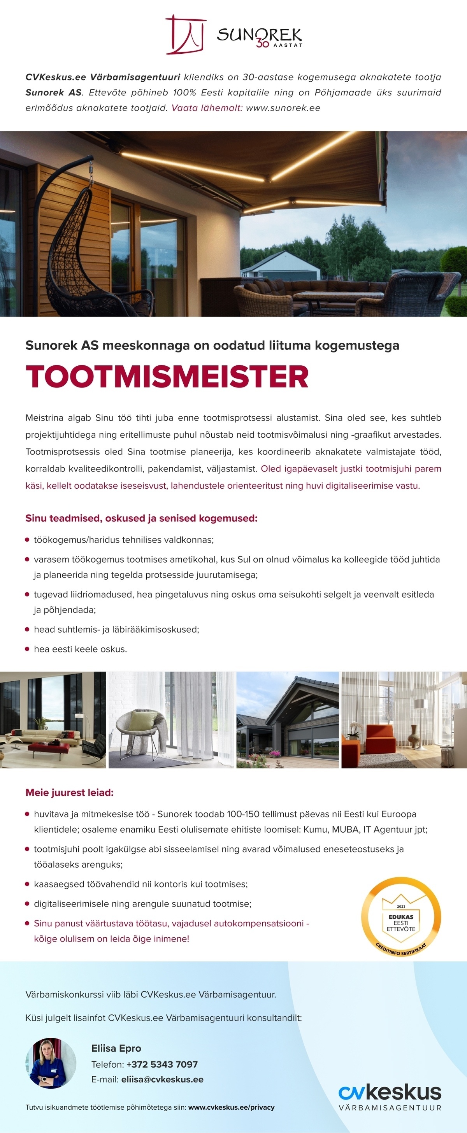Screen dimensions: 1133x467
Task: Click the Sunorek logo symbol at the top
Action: [x=186, y=35]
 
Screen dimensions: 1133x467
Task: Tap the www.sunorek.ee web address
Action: [x=283, y=108]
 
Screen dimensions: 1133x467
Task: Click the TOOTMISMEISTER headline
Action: [x=167, y=377]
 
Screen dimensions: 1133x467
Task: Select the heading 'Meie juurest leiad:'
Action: [x=70, y=793]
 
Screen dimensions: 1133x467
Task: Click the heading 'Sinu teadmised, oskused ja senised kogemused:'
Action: [x=141, y=518]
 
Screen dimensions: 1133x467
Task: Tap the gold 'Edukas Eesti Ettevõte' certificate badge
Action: [x=400, y=917]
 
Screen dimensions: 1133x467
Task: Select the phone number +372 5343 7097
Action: [x=162, y=1065]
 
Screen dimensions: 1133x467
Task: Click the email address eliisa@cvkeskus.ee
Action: [x=162, y=1079]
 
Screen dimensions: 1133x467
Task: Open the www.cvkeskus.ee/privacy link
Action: [x=231, y=1107]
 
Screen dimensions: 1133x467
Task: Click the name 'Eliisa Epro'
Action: [x=116, y=1048]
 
